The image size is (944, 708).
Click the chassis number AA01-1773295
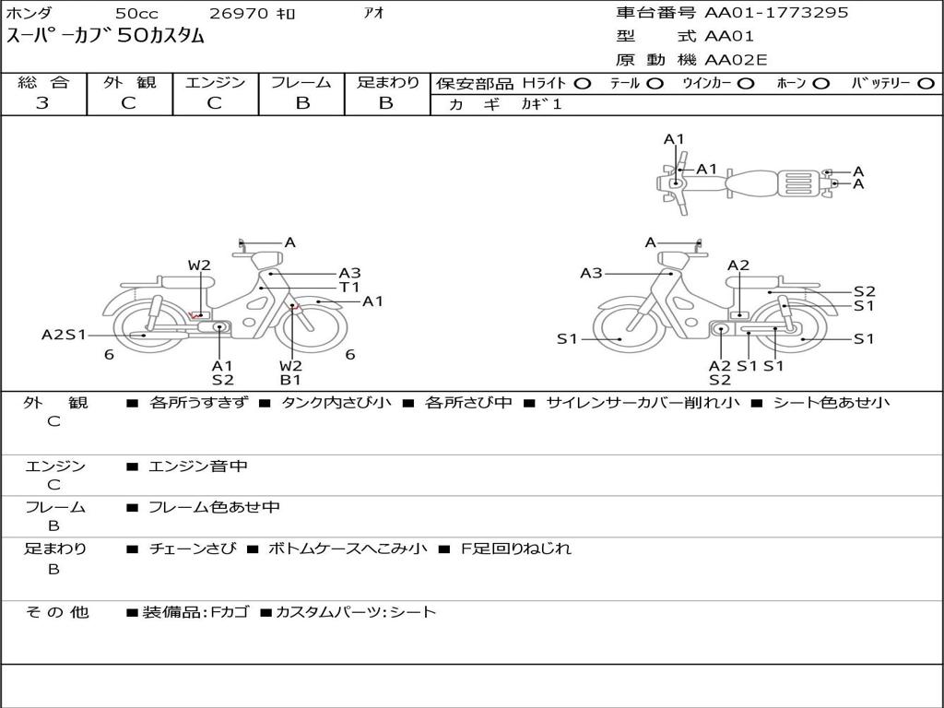coord(776,12)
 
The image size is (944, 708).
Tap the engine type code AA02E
coord(736,60)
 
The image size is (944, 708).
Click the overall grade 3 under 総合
coord(42,102)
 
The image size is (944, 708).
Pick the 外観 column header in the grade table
coord(129,82)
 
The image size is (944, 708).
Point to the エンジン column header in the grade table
coord(215,82)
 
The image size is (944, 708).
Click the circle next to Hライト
coord(583,84)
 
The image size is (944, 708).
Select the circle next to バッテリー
coord(926,84)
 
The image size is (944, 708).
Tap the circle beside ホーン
coord(820,84)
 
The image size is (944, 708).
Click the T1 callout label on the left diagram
coord(349,288)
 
